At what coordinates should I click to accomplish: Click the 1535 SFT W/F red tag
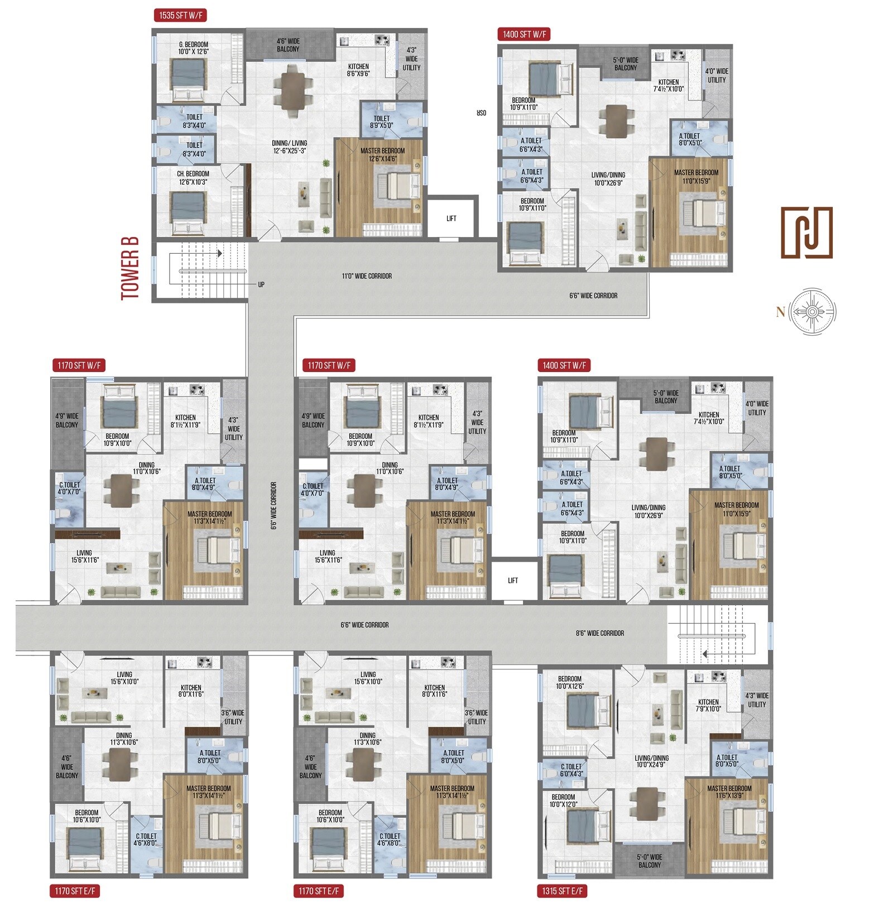[x=179, y=15]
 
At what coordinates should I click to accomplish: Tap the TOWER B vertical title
[x=129, y=268]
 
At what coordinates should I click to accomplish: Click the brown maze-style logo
[x=806, y=232]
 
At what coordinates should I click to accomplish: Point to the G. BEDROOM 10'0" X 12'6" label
[x=193, y=48]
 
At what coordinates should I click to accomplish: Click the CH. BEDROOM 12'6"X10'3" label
[x=193, y=177]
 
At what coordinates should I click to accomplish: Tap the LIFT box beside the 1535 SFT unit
[x=451, y=218]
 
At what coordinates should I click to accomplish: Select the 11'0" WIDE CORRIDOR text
[x=366, y=276]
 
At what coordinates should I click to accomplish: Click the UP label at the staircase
[x=261, y=284]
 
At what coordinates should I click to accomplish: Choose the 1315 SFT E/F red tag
[x=562, y=891]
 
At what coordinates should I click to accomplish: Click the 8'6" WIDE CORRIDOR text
[x=599, y=633]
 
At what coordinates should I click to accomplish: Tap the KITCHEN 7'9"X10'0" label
[x=708, y=705]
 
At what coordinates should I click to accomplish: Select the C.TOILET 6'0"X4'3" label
[x=571, y=770]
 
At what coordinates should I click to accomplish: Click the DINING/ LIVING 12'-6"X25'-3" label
[x=289, y=147]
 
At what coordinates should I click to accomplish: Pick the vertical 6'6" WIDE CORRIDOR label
[x=274, y=505]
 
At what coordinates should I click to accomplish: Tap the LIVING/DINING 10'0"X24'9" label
[x=651, y=762]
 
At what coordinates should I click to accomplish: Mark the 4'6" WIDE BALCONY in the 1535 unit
[x=288, y=45]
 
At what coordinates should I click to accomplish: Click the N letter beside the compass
[x=780, y=312]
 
